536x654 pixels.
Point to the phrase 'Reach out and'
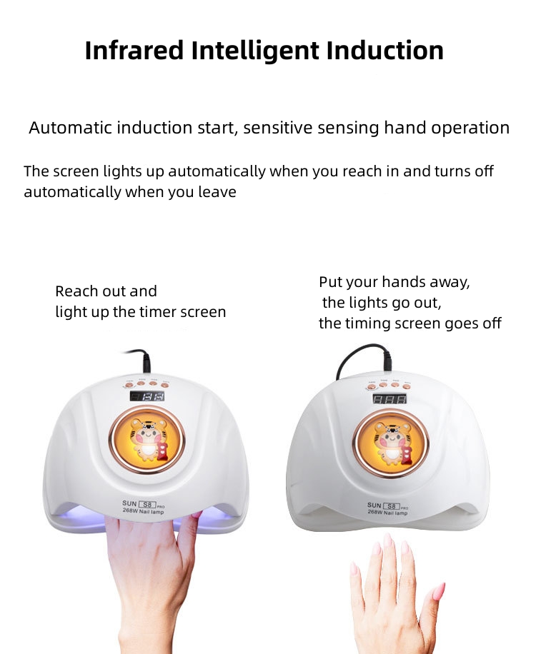pos(106,291)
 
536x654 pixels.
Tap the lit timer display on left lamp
pos(147,396)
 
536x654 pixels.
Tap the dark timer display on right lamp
pos(391,398)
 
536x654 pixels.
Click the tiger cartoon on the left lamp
pos(147,439)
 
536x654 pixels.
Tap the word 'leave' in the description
pos(217,192)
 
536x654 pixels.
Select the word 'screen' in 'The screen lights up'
pos(77,171)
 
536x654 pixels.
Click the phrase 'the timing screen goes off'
pos(410,323)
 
